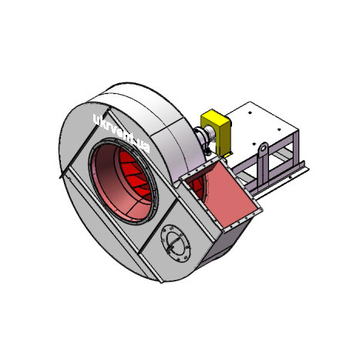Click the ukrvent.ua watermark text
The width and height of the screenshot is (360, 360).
click(x=121, y=133)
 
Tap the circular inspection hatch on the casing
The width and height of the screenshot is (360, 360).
click(x=176, y=244)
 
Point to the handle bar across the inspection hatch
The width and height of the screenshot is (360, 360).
click(x=175, y=243)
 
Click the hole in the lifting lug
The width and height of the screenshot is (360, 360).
click(x=263, y=148)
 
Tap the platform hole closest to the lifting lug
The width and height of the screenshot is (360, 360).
click(x=254, y=144)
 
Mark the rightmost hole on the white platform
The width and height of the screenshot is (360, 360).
click(x=280, y=130)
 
